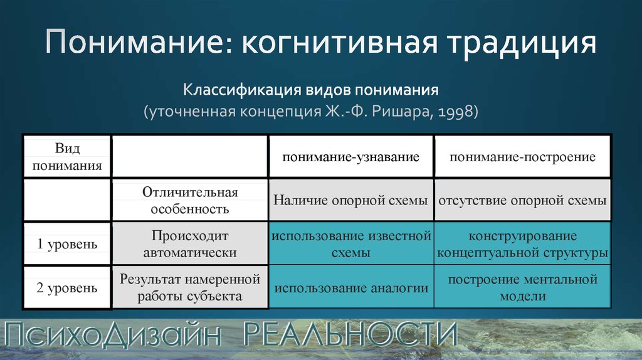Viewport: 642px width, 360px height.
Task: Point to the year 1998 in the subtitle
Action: [x=454, y=112]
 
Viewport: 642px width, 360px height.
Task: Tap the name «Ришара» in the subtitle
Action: [x=401, y=112]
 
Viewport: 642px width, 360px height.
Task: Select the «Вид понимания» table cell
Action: [x=67, y=156]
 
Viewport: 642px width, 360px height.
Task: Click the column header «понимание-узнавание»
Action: [x=351, y=156]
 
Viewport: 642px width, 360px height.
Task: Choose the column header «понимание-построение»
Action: [x=522, y=156]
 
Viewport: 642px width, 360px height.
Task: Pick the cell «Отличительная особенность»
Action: [x=190, y=200]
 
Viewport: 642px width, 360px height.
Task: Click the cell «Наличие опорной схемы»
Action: [x=351, y=200]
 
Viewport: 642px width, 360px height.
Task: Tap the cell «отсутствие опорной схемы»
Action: [x=522, y=200]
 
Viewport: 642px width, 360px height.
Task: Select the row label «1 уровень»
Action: [x=67, y=244]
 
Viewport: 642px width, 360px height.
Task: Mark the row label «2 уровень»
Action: [x=67, y=287]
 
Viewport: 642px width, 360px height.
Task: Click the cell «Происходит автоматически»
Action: [x=190, y=244]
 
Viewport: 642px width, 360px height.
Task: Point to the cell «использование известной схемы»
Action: [x=351, y=244]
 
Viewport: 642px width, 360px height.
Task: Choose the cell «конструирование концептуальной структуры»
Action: [x=522, y=244]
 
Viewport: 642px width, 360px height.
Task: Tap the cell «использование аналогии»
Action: [x=351, y=287]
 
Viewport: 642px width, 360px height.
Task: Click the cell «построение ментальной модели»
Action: [x=522, y=287]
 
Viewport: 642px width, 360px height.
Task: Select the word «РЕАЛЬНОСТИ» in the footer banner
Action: [x=350, y=334]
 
